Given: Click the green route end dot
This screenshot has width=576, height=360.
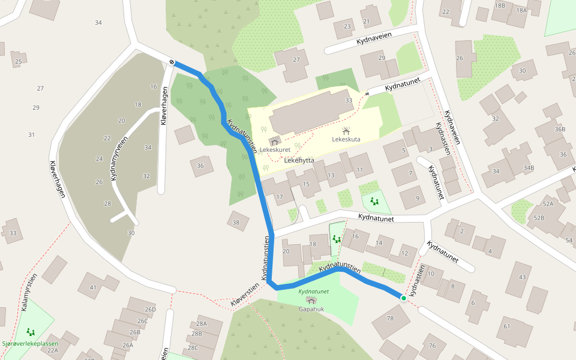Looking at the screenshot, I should click(x=404, y=298).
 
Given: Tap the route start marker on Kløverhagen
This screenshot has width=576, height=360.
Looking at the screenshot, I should click(x=172, y=62).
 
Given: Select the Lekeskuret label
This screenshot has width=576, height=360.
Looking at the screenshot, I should click(x=275, y=150).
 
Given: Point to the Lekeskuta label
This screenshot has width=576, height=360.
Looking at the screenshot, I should click(x=346, y=139).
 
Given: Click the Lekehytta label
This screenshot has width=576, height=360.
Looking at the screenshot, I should click(x=300, y=160).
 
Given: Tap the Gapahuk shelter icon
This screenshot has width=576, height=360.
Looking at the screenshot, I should click(x=311, y=300).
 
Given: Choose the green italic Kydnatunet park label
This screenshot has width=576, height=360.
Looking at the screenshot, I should click(x=313, y=292).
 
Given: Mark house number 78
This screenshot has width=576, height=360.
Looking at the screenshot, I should click(x=391, y=318).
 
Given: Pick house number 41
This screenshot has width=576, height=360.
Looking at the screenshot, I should click(x=92, y=287).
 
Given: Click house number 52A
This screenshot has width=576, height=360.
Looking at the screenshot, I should click(x=547, y=204).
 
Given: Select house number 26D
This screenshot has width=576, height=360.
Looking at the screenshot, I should click(x=149, y=310).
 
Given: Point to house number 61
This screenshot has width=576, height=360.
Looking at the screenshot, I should click(x=506, y=326).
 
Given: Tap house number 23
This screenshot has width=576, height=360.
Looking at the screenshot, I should click(x=347, y=26).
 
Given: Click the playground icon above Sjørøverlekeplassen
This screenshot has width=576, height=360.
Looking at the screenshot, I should click(x=30, y=331).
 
